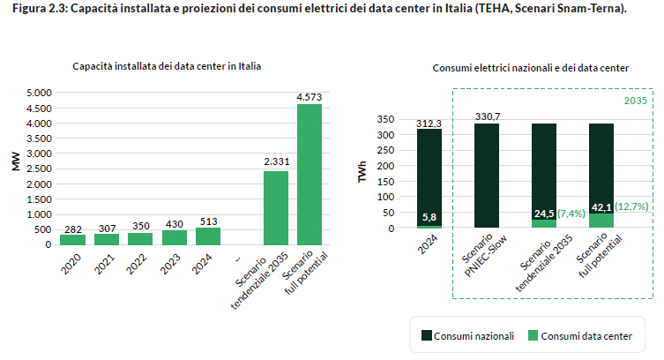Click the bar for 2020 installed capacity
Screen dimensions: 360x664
[72, 239]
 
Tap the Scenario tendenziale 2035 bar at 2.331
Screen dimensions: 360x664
[276, 207]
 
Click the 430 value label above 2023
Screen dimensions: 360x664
[175, 224]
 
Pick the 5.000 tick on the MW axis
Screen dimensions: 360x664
[40, 93]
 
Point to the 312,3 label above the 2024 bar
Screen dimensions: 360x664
[429, 124]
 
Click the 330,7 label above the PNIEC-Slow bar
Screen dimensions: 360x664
[487, 116]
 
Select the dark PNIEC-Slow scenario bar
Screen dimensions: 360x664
[487, 176]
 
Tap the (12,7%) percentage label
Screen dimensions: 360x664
[631, 206]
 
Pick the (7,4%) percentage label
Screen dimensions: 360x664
[571, 214]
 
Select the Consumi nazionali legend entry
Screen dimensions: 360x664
[465, 335]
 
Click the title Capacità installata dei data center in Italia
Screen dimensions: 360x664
[167, 66]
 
